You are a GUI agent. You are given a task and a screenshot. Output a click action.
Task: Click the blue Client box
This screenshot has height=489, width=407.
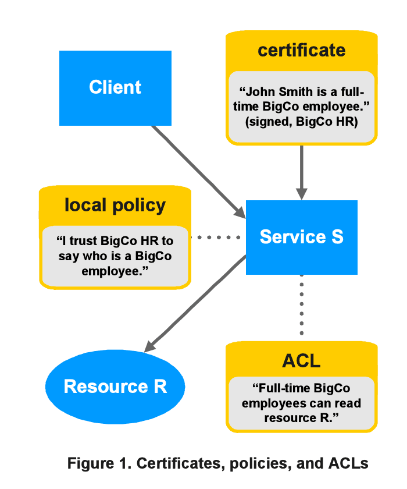pos(115,87)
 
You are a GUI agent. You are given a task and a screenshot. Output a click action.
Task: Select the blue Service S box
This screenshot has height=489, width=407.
pos(301,237)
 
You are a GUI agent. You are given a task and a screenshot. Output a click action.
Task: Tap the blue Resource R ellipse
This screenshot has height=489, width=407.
pos(115,387)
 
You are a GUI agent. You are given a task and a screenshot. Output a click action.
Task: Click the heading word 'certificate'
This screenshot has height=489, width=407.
pos(301,50)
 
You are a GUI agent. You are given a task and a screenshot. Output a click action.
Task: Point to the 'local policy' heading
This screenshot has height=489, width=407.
pos(115,205)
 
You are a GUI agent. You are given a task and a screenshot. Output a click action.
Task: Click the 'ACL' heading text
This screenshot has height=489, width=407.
pos(301,361)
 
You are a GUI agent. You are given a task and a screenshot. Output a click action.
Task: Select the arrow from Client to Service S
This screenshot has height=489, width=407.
pos(198,169)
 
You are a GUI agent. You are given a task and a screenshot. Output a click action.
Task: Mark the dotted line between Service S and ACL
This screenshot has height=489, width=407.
pos(301,306)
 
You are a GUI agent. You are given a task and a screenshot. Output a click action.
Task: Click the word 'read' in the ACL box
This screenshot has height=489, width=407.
pos(345,403)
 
